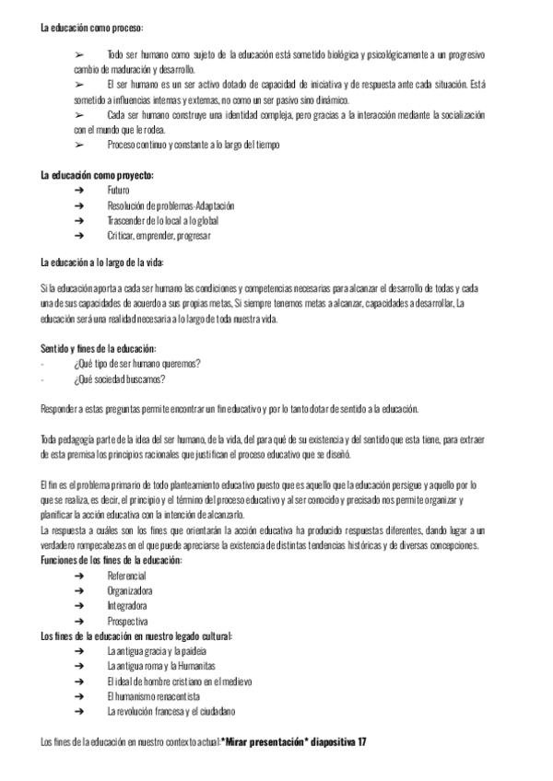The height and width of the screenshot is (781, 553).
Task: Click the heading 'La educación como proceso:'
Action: point(92,29)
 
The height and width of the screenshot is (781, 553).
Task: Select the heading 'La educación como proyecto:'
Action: point(97,175)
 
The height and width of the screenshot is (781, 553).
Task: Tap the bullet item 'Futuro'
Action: point(118,191)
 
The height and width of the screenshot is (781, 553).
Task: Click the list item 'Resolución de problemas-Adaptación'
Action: point(171,205)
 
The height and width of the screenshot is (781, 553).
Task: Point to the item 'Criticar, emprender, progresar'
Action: point(159,236)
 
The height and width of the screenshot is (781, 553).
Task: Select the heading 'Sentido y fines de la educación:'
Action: point(99,348)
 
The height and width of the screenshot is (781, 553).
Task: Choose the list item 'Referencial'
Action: point(127,576)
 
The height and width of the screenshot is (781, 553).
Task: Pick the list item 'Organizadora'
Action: point(130,590)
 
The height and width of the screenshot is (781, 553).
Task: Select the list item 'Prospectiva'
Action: point(127,622)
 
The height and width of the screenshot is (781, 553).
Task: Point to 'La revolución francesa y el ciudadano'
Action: point(171,711)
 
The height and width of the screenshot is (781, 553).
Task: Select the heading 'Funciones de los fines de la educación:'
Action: point(112,560)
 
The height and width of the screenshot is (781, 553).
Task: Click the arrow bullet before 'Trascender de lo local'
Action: point(79,221)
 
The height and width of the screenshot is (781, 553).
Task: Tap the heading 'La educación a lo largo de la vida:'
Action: point(102,262)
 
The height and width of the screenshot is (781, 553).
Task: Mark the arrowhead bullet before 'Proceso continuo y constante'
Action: point(79,146)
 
